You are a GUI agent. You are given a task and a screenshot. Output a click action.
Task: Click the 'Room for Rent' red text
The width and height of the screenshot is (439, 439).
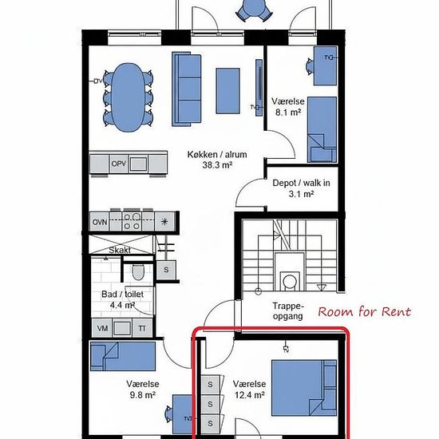pos(364,311)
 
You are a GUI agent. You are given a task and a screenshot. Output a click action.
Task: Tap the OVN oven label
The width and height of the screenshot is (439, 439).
pos(100,223)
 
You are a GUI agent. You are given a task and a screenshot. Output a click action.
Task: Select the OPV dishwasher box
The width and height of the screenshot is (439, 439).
pos(119,164)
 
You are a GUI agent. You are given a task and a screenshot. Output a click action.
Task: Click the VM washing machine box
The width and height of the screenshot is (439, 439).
pos(102,328)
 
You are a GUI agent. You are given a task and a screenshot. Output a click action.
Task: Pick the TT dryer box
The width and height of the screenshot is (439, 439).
pos(142,328)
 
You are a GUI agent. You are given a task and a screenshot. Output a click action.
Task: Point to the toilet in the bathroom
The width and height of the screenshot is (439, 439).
pos(138,272)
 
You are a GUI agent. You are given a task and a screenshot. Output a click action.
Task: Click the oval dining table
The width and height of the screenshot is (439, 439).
pos(129,97)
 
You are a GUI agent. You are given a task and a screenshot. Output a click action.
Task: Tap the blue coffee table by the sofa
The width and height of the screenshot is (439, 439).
pos(227,91)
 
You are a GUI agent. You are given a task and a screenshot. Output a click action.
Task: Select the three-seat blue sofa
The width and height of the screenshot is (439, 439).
pos(187,89)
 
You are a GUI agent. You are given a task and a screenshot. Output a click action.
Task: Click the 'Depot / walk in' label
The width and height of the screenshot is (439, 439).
pos(301,183)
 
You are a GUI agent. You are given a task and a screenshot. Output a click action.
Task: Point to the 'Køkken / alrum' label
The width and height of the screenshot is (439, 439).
pos(217,155)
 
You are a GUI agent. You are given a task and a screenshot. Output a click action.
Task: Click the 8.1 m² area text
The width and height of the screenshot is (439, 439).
pos(288,113)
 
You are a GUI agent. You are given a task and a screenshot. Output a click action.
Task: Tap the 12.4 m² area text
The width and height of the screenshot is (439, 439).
pos(250,395)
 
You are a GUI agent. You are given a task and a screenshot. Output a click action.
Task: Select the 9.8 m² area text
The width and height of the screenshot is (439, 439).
pos(143,395)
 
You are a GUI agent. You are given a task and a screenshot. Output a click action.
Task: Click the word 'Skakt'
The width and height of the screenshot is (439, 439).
pos(120,250)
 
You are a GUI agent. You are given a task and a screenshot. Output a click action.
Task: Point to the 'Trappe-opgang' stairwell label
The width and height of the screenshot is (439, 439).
pos(288,311)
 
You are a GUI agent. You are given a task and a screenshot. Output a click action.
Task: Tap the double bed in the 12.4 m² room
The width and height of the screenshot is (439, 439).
pos(304,388)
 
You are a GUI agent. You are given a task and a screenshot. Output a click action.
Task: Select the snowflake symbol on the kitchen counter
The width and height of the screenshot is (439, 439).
pos(164,222)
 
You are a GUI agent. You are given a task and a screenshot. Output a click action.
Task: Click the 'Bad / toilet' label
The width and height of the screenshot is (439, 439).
pos(123,295)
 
